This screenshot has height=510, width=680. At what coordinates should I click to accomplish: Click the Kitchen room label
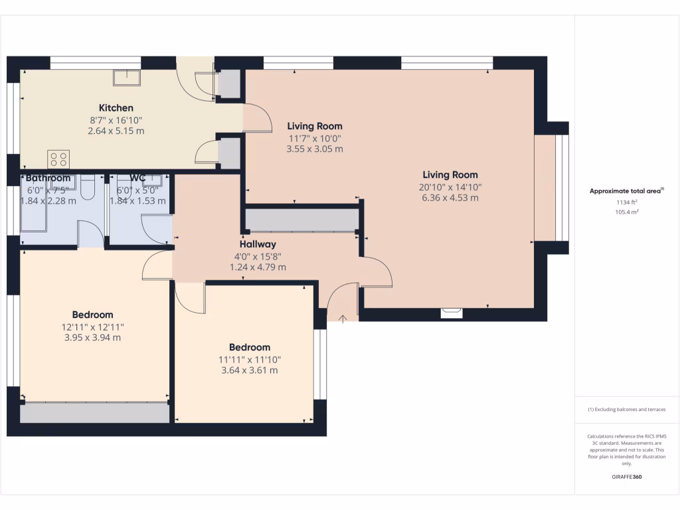(x=116, y=108)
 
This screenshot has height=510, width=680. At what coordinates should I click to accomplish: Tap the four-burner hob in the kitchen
(x=58, y=159)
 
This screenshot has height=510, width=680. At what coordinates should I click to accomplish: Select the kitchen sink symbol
(x=126, y=79)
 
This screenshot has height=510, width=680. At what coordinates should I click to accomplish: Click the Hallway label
(x=258, y=244)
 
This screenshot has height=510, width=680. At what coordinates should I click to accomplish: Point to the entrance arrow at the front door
(x=343, y=319)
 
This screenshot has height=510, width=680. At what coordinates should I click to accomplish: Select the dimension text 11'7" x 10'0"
(x=315, y=138)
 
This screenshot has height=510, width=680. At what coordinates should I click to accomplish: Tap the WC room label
(x=138, y=178)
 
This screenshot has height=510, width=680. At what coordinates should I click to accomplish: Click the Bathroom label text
(x=48, y=178)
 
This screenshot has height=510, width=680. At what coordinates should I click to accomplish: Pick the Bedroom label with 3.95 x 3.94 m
(x=92, y=315)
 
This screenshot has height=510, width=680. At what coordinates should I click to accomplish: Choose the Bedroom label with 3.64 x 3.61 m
(x=250, y=347)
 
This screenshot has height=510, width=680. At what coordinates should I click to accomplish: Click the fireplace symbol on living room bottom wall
(x=452, y=309)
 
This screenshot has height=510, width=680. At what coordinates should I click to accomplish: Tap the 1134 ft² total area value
(x=627, y=202)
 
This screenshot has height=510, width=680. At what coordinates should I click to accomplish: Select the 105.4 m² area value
(x=627, y=212)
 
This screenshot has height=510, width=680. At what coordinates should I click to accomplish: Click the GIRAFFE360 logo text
(x=627, y=477)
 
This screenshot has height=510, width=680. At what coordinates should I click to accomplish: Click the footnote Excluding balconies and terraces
(x=627, y=409)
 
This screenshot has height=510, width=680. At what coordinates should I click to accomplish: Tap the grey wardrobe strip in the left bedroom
(x=94, y=413)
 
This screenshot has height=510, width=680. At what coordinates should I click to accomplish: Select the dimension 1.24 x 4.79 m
(x=258, y=267)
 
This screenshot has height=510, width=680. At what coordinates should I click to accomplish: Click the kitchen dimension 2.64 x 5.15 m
(x=116, y=131)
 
